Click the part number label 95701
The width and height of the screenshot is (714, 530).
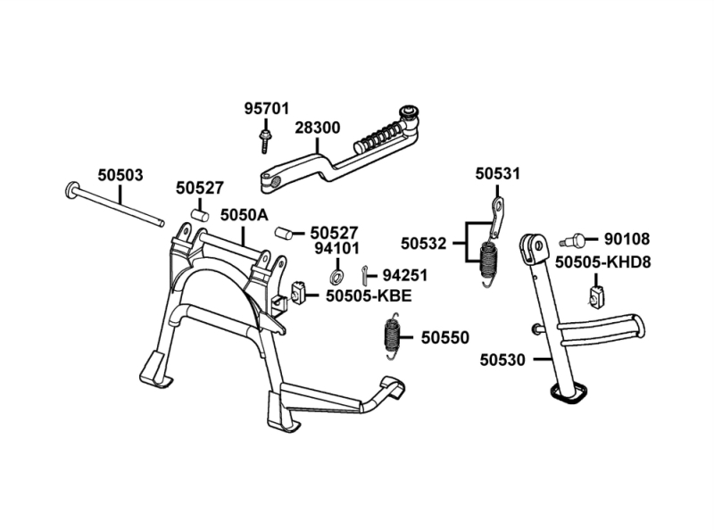pyautogui.click(x=267, y=109)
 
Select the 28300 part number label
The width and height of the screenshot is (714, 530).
pyautogui.click(x=317, y=128)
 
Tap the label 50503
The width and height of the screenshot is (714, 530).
pyautogui.click(x=120, y=175)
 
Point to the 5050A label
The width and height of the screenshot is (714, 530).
pyautogui.click(x=244, y=215)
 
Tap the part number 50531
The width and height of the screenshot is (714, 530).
pyautogui.click(x=497, y=173)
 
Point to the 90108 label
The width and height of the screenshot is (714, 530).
pyautogui.click(x=627, y=238)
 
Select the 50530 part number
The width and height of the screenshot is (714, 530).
pyautogui.click(x=502, y=360)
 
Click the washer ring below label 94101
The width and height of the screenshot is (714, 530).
pyautogui.click(x=338, y=274)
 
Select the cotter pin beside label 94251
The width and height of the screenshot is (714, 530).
pyautogui.click(x=367, y=273)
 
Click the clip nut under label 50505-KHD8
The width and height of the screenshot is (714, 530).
pyautogui.click(x=596, y=293)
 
